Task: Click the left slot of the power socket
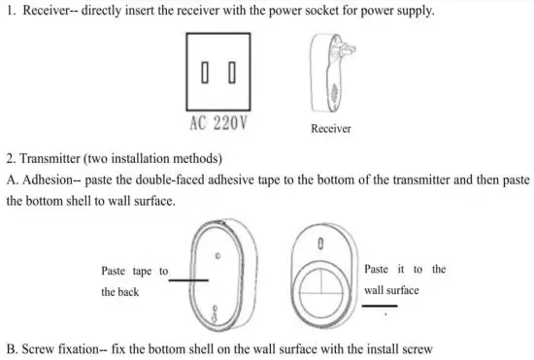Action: (x=207, y=73)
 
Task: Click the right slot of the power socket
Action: (x=232, y=73)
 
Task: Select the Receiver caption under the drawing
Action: (x=331, y=129)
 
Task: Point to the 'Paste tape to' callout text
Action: (x=135, y=271)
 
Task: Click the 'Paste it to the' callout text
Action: (x=405, y=269)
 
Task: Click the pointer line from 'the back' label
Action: (x=190, y=280)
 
